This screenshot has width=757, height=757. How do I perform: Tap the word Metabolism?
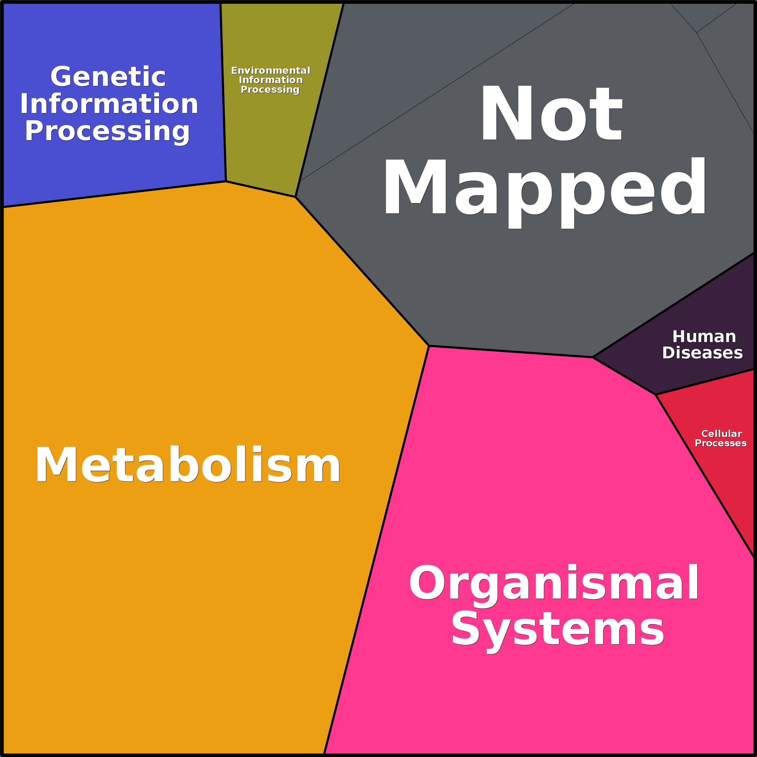188,464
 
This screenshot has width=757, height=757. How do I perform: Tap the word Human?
704,337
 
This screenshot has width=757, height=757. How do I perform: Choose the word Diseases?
702,353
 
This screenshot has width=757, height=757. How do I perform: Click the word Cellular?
721,434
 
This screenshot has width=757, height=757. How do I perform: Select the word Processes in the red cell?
721,443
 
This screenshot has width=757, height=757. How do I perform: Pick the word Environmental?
270,71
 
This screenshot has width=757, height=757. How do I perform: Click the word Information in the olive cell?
271,80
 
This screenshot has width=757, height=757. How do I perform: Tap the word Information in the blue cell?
109,104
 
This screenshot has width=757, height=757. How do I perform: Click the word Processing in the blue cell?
107,132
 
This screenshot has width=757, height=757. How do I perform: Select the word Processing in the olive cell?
270,90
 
